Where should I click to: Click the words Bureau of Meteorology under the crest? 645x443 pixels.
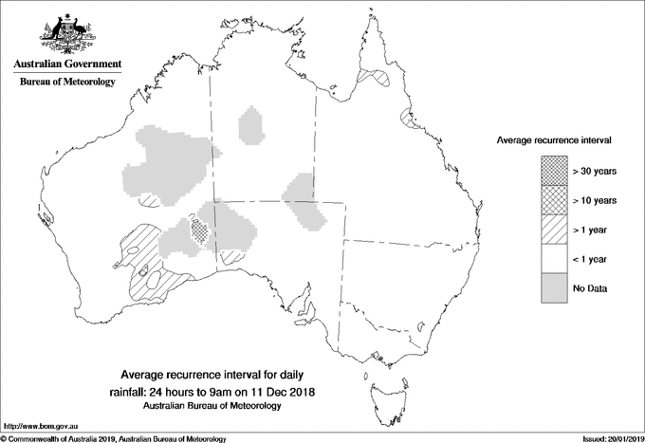click(67, 82)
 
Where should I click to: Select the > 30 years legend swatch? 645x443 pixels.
click(554, 171)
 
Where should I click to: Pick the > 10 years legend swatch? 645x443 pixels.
click(554, 200)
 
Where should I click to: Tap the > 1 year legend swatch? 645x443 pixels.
click(554, 230)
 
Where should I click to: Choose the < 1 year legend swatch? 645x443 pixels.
click(554, 259)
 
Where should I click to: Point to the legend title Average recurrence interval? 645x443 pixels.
click(554, 139)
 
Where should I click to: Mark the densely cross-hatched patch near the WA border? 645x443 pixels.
click(198, 229)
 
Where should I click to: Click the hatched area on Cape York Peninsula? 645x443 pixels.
click(378, 76)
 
